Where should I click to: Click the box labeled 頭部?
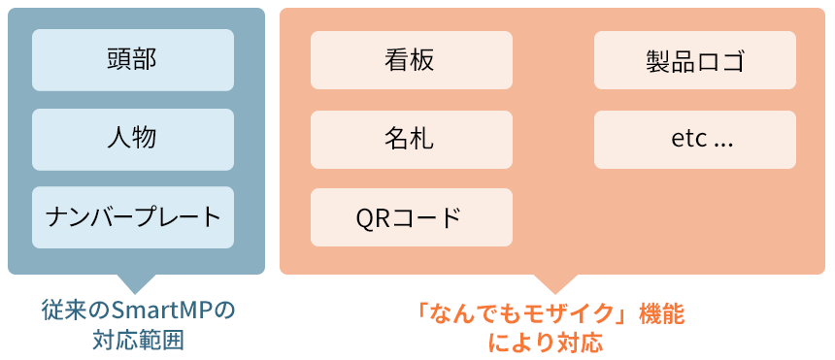click(133, 60)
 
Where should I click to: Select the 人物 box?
click(133, 139)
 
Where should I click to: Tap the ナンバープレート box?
click(133, 216)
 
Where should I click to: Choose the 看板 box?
click(411, 60)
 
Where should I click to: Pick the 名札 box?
click(411, 139)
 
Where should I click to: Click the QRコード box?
click(411, 216)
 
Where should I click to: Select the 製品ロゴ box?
click(694, 60)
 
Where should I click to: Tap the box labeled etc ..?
click(694, 139)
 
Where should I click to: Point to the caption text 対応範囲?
click(139, 341)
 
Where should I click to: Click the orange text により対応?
click(549, 342)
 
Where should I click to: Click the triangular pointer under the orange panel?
click(554, 282)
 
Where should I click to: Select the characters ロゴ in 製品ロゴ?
click(719, 61)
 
